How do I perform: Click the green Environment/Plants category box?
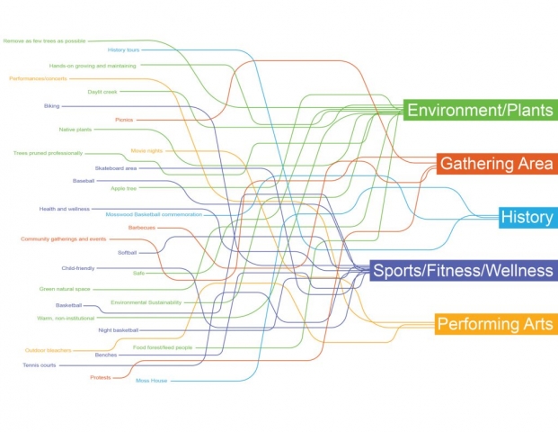tap(479, 111)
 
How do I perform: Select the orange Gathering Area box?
tap(496, 163)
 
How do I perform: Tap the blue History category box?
tap(527, 217)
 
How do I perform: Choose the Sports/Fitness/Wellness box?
tap(462, 270)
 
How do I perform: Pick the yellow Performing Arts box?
tap(494, 323)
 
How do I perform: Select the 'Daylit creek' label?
tap(102, 91)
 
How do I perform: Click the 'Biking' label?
tap(51, 105)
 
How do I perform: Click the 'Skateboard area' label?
tap(115, 168)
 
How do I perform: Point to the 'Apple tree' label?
tap(123, 189)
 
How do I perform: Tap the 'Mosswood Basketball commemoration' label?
tap(154, 214)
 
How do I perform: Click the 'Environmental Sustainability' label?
tap(146, 302)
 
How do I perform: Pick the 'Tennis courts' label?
tap(40, 364)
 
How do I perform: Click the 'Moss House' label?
tap(150, 381)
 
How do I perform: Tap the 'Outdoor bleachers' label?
tap(48, 349)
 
